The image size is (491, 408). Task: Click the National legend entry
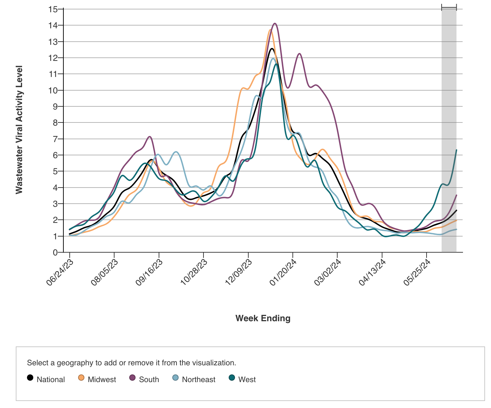46,379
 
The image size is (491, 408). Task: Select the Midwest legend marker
82,378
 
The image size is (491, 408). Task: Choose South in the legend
144,379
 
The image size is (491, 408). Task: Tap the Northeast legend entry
194,379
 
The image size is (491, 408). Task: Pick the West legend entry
242,379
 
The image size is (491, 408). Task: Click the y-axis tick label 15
53,9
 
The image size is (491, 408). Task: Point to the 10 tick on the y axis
53,90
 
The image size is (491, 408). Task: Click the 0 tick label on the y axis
55,252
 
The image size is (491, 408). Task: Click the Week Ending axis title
263,318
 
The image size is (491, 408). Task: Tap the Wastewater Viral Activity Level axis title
19,129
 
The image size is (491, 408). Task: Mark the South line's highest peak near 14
275,23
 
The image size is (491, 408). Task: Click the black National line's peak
272,49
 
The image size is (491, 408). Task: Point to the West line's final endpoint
456,150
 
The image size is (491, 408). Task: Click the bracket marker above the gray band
449,8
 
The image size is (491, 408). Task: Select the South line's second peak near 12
299,54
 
